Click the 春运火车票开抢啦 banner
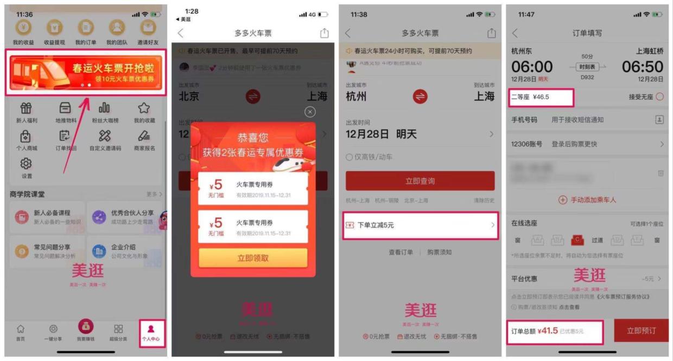(x=86, y=73)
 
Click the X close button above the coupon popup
(x=310, y=112)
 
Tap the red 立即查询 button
(x=420, y=181)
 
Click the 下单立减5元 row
(x=420, y=225)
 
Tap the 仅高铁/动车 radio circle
(x=349, y=157)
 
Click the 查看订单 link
(x=401, y=252)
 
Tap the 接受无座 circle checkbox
(x=659, y=97)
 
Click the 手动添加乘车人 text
(x=593, y=200)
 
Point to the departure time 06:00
(x=532, y=67)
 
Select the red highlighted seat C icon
(x=577, y=240)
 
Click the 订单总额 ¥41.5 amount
(x=548, y=331)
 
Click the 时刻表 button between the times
(x=587, y=67)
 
